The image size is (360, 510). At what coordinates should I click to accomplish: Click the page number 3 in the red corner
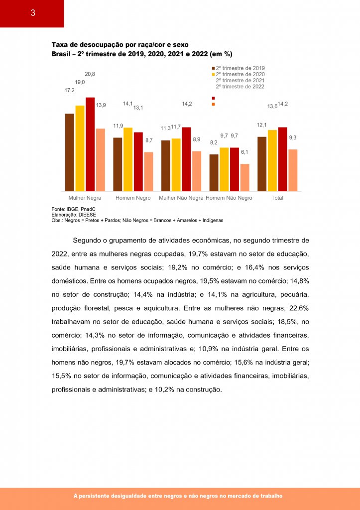tap(32, 13)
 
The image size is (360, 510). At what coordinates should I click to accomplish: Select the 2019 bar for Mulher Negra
tap(69, 152)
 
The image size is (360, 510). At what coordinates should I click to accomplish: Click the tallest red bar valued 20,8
tap(90, 144)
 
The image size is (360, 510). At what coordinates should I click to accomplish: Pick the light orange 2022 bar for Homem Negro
tap(148, 171)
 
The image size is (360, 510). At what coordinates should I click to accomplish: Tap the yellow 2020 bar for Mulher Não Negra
tap(176, 164)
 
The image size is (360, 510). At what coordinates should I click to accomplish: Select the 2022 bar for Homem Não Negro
tap(244, 177)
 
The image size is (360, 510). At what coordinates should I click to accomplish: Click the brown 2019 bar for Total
tap(262, 163)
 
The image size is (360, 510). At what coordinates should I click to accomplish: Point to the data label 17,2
tap(69, 91)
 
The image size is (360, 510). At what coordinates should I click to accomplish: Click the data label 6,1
tap(244, 152)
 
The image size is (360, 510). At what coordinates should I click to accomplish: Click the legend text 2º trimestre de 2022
tap(240, 86)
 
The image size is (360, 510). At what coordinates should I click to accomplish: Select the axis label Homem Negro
tap(133, 198)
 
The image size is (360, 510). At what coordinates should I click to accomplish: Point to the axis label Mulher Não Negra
tap(181, 198)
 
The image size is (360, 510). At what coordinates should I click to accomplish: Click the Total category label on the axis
tap(277, 198)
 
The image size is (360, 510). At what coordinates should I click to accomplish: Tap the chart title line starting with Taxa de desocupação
tap(120, 44)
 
